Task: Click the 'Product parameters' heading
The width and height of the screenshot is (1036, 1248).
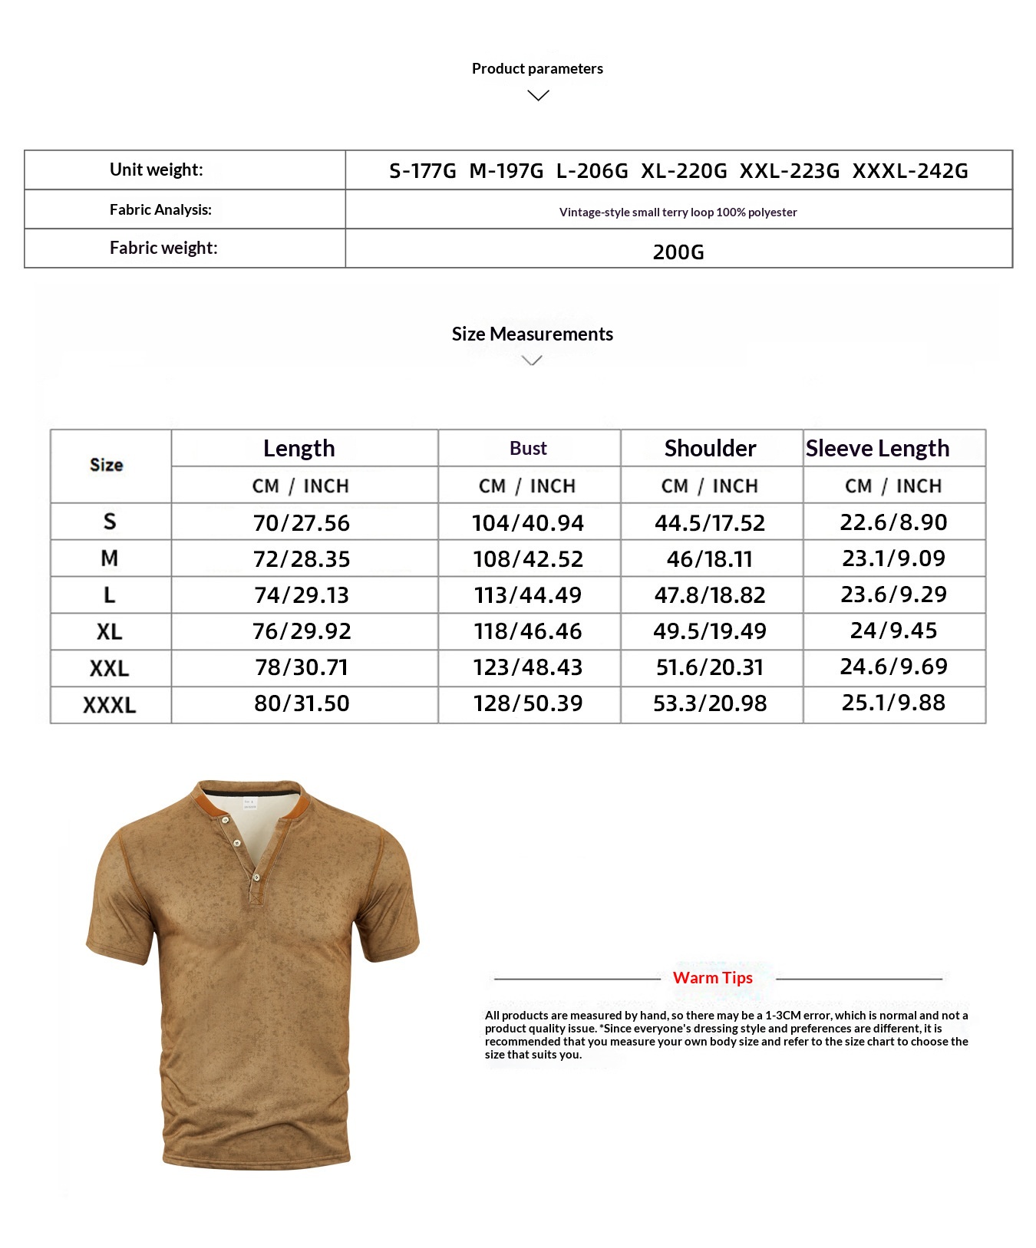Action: click(537, 69)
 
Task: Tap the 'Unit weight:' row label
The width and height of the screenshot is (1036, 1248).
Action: click(157, 170)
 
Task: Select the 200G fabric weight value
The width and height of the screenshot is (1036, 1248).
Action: click(678, 252)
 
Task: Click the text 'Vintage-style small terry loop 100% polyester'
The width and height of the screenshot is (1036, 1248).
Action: click(678, 212)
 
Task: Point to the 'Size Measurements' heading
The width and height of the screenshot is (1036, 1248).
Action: click(532, 334)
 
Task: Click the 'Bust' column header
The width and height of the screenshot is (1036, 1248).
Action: click(528, 449)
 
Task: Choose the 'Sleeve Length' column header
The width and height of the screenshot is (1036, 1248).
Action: click(877, 449)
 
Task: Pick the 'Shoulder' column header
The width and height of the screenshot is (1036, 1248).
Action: click(710, 449)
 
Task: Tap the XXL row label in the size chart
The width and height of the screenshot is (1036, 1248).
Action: click(109, 668)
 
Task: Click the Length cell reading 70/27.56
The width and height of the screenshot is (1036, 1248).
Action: click(302, 523)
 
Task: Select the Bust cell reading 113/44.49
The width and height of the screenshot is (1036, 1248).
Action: click(528, 595)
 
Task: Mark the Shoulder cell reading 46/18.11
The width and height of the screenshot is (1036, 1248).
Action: click(710, 559)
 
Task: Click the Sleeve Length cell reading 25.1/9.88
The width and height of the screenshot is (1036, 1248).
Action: click(893, 703)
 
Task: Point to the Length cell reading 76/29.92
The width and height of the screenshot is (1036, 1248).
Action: click(302, 631)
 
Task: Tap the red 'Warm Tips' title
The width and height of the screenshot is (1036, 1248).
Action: click(712, 978)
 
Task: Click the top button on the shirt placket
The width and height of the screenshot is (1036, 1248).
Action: click(225, 822)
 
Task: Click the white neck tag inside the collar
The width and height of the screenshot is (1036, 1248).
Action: click(250, 803)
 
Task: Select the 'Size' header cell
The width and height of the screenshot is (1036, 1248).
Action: click(107, 465)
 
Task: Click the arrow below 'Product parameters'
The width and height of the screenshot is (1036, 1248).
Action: click(539, 95)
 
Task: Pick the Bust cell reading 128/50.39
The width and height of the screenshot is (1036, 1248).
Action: click(528, 703)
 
